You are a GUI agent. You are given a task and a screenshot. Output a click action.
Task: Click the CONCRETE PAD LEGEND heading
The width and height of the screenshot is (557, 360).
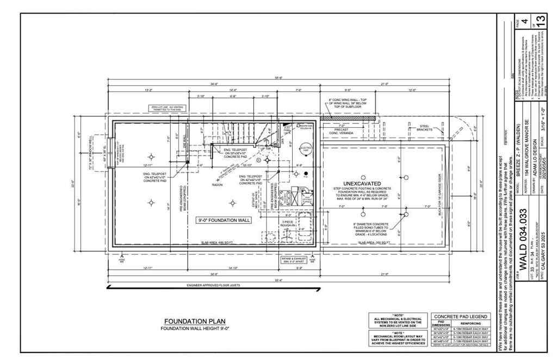[x=460, y=316]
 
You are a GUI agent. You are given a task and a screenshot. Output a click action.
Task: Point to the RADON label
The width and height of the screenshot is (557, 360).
[x=218, y=184]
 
